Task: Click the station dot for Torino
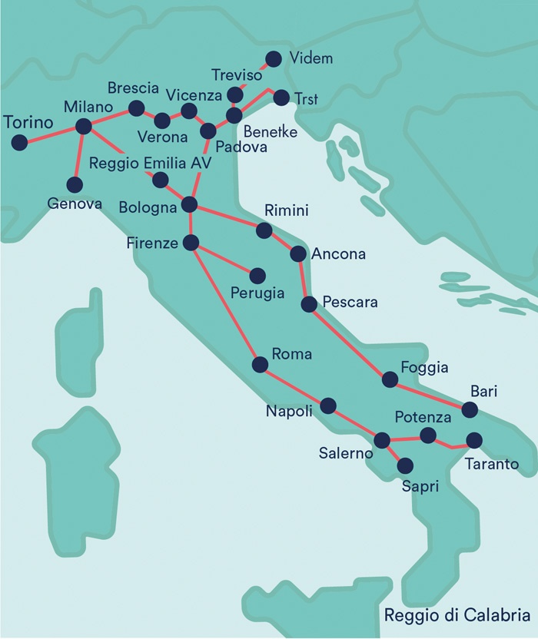(x=19, y=142)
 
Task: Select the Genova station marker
(x=75, y=184)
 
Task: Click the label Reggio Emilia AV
(x=150, y=163)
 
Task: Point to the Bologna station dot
(x=189, y=204)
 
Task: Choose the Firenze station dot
(x=191, y=243)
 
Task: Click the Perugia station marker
(x=257, y=275)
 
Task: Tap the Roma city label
(x=292, y=354)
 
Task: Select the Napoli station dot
(x=329, y=405)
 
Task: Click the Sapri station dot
(x=404, y=465)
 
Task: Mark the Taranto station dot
(x=474, y=441)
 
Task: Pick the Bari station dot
(x=469, y=409)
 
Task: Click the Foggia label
(x=424, y=368)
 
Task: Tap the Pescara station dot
(x=309, y=304)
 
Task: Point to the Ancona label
(x=338, y=253)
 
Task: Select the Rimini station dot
(x=264, y=230)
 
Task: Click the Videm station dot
(x=273, y=58)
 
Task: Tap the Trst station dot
(x=281, y=98)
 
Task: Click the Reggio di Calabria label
(x=457, y=615)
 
